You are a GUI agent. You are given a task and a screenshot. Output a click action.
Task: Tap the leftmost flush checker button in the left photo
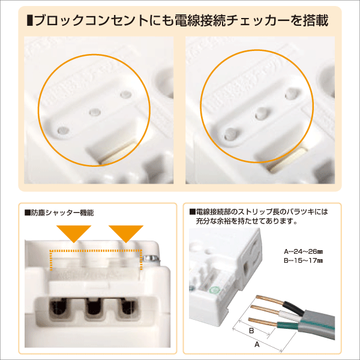62,128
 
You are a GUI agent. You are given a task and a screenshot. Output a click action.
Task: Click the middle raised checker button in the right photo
261,112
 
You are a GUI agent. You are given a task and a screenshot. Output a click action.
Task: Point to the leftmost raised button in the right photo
230,132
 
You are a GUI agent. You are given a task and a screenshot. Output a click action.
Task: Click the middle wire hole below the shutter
91,309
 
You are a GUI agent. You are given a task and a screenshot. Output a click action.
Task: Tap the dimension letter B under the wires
251,331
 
